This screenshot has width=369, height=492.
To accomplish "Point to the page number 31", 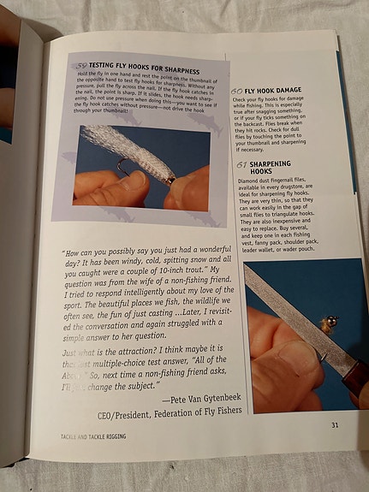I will click(x=335, y=424).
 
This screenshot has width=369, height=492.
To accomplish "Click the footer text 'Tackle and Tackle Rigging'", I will click(x=94, y=438).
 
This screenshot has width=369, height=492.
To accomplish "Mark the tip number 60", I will click(x=236, y=90).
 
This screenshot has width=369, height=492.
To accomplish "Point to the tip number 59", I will click(x=81, y=66).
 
